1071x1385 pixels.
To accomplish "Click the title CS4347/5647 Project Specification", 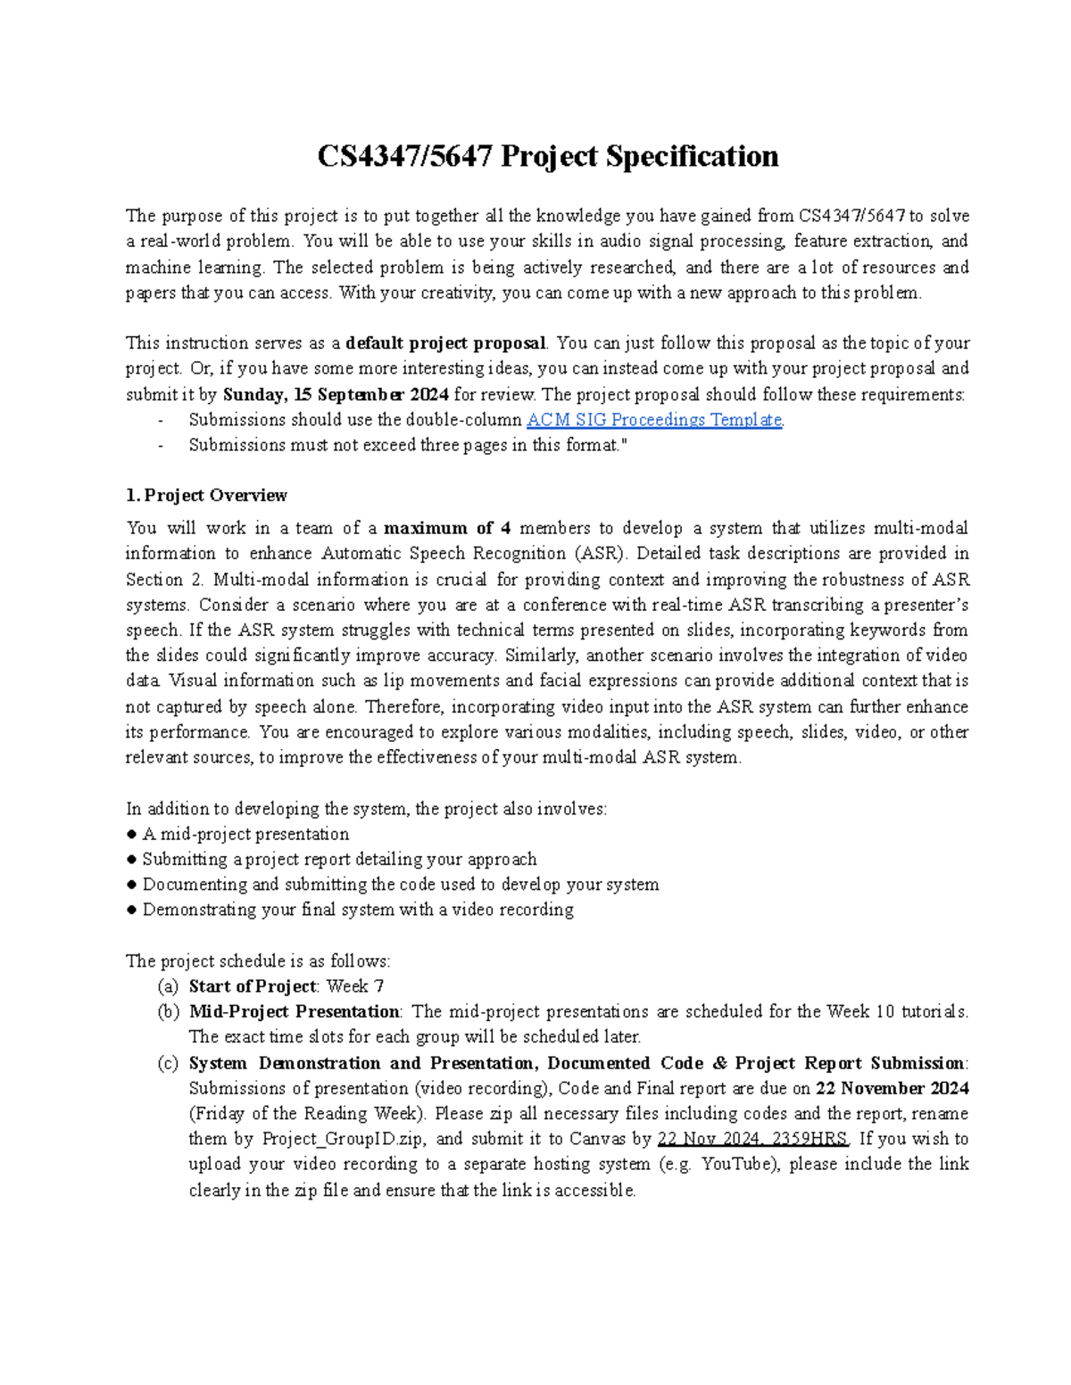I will (x=548, y=157).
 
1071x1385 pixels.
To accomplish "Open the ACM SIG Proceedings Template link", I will (x=654, y=420).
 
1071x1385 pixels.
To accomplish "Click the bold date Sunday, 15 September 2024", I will (x=335, y=394).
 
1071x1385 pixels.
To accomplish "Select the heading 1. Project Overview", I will (x=206, y=496).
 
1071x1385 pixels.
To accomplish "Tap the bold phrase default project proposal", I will (x=445, y=343).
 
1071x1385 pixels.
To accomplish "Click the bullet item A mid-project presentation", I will (x=245, y=835).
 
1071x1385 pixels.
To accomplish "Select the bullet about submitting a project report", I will (x=339, y=860).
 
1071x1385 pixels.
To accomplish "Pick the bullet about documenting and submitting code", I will (x=400, y=885).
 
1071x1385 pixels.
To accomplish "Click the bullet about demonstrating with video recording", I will (x=357, y=910).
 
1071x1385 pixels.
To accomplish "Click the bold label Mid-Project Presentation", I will (x=294, y=1012).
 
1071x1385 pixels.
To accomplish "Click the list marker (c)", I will (x=167, y=1063).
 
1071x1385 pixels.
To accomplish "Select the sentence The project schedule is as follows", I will (x=258, y=961).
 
